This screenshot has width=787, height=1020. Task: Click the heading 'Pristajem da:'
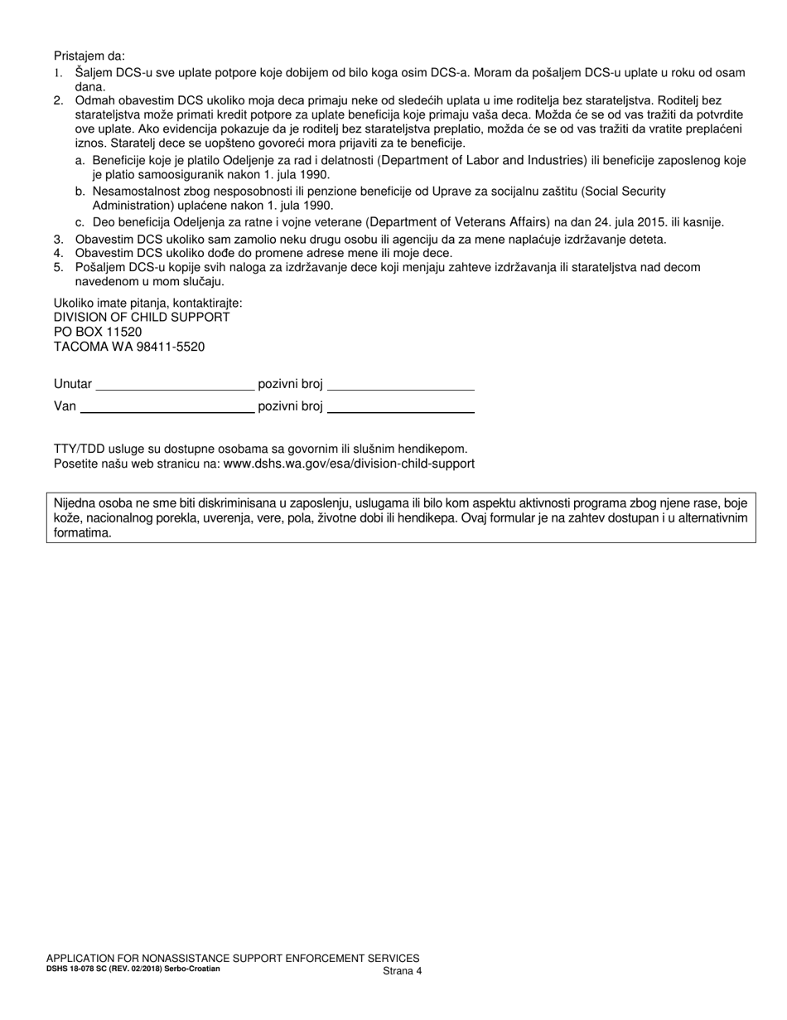(x=89, y=56)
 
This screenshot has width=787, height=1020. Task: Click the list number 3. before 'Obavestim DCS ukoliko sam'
(x=58, y=240)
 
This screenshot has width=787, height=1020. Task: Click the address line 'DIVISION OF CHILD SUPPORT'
(x=142, y=317)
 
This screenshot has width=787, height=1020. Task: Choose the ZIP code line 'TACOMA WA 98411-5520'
(x=129, y=347)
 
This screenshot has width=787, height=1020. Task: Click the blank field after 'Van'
(x=167, y=406)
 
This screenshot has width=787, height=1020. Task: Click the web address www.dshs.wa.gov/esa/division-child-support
(x=349, y=464)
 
